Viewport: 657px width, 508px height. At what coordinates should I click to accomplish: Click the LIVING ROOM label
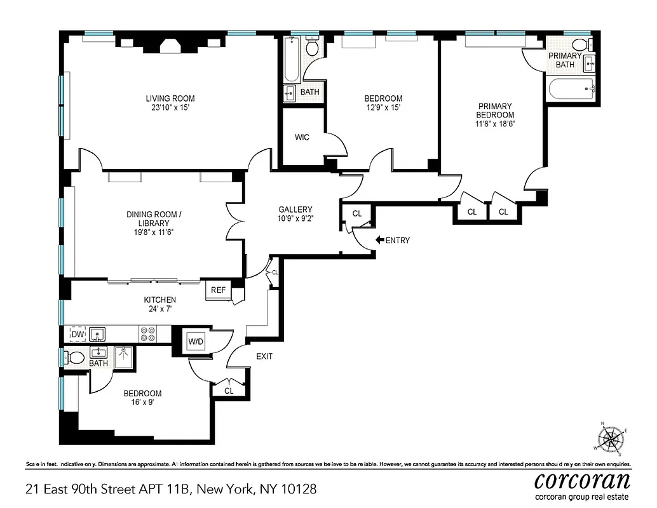170,98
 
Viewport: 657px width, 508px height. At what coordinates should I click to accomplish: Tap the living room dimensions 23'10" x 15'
170,108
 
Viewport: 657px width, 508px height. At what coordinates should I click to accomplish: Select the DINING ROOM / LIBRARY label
154,219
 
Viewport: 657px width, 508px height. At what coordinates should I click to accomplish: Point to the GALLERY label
295,210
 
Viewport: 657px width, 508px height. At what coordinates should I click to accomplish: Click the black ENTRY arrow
380,240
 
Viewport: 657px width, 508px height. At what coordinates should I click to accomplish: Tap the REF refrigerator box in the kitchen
218,290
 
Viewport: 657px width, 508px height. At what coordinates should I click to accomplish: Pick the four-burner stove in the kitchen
148,334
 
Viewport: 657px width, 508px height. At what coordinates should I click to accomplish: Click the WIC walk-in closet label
302,137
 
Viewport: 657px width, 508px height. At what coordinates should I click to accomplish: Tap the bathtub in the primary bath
571,89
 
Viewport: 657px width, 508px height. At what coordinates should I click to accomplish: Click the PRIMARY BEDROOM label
495,115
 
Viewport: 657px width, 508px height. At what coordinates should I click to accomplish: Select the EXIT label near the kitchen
264,356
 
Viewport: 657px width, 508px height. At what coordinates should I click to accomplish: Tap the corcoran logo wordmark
582,479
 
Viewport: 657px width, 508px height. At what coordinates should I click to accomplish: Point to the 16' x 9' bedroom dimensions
142,402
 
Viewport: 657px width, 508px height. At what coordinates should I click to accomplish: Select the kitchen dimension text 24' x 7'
159,309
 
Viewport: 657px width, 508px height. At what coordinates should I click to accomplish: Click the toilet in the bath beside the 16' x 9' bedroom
74,357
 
